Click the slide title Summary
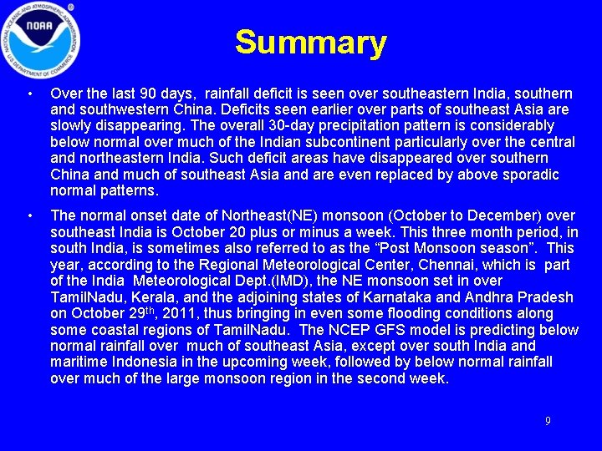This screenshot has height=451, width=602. [310, 42]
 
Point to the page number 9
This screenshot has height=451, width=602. [548, 421]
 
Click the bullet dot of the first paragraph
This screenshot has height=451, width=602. [29, 94]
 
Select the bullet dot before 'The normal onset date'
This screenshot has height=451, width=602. [29, 217]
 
